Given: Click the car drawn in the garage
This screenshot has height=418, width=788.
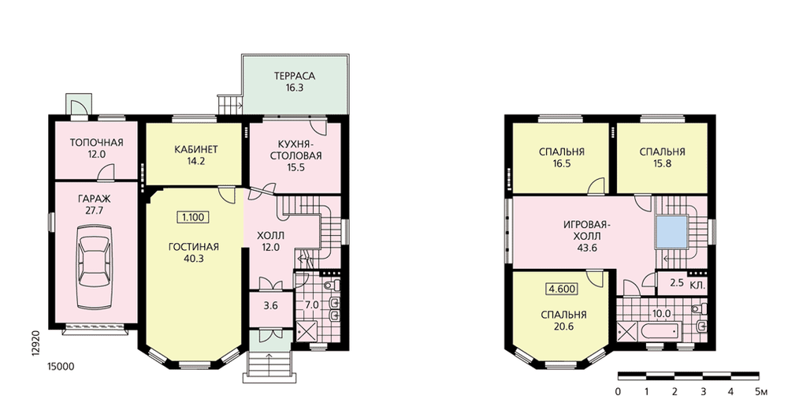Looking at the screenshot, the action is (95, 267).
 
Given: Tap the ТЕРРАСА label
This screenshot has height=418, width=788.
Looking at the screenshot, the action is (295, 76).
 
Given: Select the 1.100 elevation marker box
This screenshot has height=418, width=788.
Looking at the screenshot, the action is (193, 218).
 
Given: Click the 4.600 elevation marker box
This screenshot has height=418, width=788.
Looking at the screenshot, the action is (562, 289).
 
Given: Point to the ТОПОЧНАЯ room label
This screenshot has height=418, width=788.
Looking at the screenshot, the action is (96, 143).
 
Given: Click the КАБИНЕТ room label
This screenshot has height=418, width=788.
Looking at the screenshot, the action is (196, 149).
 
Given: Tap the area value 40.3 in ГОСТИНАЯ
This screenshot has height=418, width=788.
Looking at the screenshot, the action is (194, 259).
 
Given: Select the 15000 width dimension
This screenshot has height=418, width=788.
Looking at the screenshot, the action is (61, 367).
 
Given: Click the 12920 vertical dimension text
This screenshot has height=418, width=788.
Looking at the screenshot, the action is (35, 343).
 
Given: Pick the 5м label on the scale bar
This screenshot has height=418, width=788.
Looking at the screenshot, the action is (761, 392).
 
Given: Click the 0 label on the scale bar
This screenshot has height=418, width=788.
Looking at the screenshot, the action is (618, 392).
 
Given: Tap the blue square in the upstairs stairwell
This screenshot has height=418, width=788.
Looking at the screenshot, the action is (671, 231).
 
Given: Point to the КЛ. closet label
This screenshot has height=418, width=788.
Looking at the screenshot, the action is (697, 286).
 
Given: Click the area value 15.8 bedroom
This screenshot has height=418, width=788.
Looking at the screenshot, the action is (663, 163).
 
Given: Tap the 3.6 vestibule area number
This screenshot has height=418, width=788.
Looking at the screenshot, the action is (270, 305).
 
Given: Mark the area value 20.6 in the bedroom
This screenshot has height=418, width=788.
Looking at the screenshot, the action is (564, 327).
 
